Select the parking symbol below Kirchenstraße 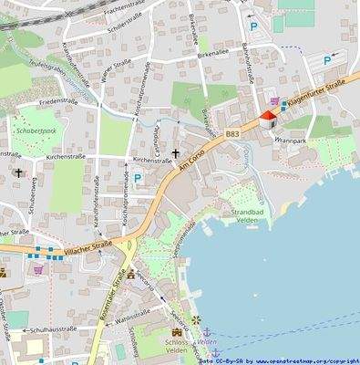137,179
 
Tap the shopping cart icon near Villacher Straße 38,269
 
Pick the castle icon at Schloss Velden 176,337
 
